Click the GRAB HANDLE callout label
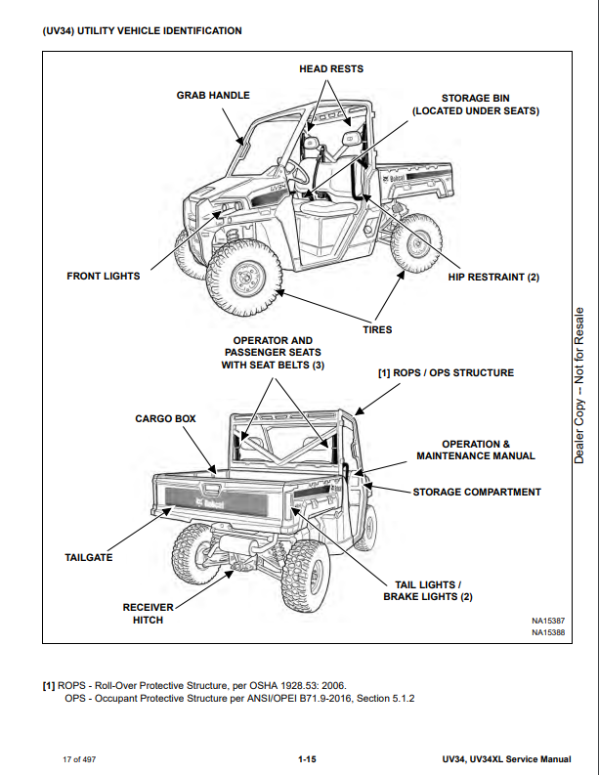click(x=213, y=95)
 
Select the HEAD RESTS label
click(x=330, y=68)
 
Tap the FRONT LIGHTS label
click(x=103, y=276)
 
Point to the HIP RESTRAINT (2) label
click(x=493, y=277)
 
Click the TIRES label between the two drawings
click(x=377, y=329)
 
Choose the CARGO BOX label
click(x=165, y=418)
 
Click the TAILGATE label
click(x=89, y=557)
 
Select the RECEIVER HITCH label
click(x=149, y=614)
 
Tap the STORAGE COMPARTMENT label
click(x=476, y=492)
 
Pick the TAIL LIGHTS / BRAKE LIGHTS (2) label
click(x=427, y=590)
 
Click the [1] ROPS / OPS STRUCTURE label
click(x=446, y=372)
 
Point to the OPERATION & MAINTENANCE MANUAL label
click(x=475, y=450)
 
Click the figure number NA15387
click(x=548, y=621)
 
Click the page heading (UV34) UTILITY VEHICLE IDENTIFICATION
click(x=143, y=31)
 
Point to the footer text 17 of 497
click(x=78, y=758)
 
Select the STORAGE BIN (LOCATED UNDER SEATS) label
click(x=475, y=105)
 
